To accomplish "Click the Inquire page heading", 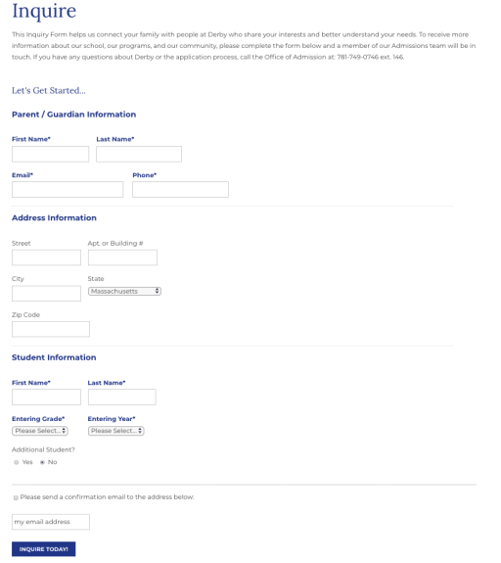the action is click(x=44, y=12).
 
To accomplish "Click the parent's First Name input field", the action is click(x=50, y=154).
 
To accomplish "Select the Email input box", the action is click(x=68, y=189).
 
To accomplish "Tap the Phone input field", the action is click(x=180, y=189).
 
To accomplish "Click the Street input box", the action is click(x=46, y=258).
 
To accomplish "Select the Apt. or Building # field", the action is click(x=122, y=258).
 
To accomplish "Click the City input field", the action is click(x=46, y=293).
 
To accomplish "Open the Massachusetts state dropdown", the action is click(x=124, y=291).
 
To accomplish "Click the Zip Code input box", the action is click(x=51, y=329).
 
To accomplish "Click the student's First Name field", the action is click(x=46, y=397).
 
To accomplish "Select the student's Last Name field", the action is click(x=121, y=397).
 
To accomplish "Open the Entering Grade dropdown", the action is click(x=40, y=431).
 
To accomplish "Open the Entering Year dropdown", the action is click(x=115, y=431).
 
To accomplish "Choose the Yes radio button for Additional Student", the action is click(x=16, y=462).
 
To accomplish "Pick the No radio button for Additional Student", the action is click(x=42, y=462).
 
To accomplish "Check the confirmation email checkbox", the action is click(x=16, y=497).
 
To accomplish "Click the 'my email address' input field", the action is click(x=51, y=522).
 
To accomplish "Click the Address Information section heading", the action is click(x=54, y=218).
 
